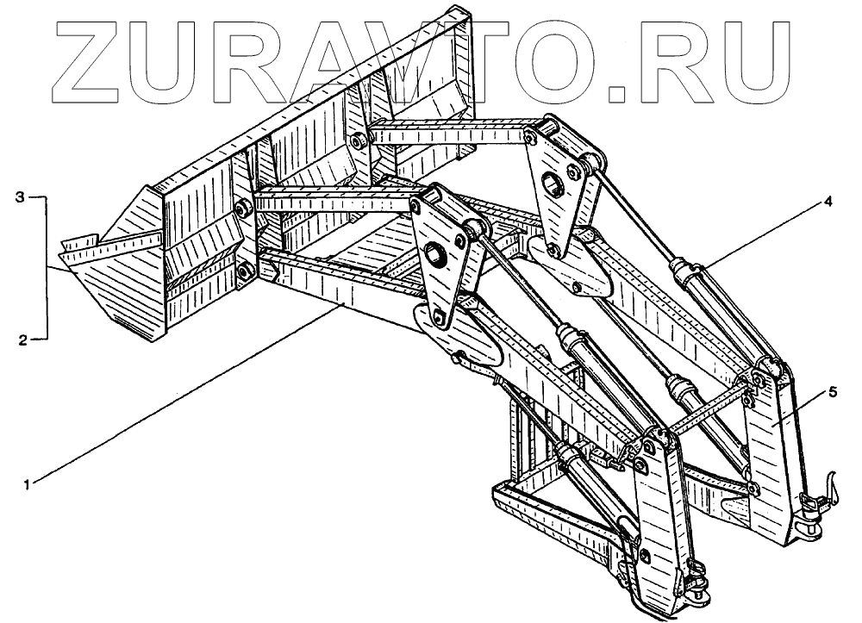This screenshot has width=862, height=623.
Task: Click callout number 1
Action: tap(28, 485)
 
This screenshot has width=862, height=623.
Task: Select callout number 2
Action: tap(21, 340)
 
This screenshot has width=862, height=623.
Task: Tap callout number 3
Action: tap(21, 197)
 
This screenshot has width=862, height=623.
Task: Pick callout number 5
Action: tap(832, 391)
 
